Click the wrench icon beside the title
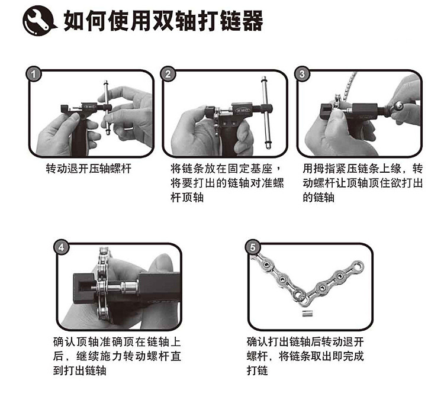tap(39, 21)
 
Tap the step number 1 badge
tap(34, 74)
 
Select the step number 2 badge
tap(168, 74)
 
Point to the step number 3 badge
tap(302, 74)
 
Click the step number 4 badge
tap(61, 247)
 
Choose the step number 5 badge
tap(252, 247)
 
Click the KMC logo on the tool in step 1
tap(89, 107)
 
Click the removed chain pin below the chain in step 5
tap(305, 314)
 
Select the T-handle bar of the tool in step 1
tap(107, 108)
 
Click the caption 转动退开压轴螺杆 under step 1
tap(89, 169)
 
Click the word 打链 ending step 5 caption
tap(258, 370)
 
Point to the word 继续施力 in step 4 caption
tap(99, 356)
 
